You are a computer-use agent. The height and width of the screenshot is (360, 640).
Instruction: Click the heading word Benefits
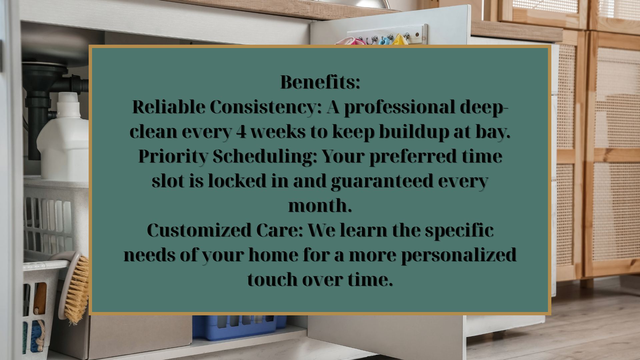(320, 82)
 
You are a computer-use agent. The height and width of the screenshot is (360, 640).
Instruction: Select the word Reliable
(168, 107)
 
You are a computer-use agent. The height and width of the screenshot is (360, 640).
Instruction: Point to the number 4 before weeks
(241, 132)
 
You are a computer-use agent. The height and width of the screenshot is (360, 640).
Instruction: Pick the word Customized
(199, 230)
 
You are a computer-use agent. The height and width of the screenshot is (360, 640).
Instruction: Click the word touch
(272, 279)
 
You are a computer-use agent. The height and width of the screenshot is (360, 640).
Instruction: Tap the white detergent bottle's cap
(68, 99)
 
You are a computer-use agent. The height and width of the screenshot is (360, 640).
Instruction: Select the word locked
(238, 181)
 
